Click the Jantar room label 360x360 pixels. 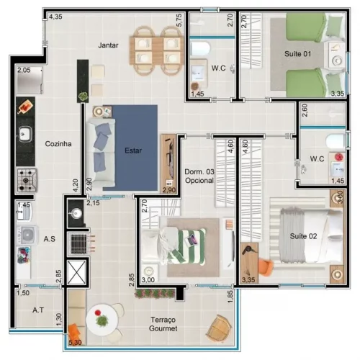coord(108,45)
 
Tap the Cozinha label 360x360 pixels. coord(58,144)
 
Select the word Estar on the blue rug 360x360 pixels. coord(133,150)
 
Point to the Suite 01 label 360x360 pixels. coord(298,54)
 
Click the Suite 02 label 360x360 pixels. coord(303,236)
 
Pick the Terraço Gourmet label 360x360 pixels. coord(163,324)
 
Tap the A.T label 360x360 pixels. coord(38,310)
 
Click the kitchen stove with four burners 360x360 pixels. coord(27,180)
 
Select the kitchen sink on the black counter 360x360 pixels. coord(25,134)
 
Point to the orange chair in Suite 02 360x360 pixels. coord(266,266)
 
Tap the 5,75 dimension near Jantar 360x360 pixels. coord(179,20)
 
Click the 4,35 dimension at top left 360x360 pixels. coord(55,17)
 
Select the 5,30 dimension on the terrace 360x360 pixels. coord(75,343)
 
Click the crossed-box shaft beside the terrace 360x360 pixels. coord(76,272)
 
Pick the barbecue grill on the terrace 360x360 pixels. coord(78,244)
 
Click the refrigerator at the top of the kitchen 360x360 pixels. coord(30,80)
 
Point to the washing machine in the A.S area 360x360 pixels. coord(27,235)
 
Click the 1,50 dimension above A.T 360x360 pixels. coord(23,293)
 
